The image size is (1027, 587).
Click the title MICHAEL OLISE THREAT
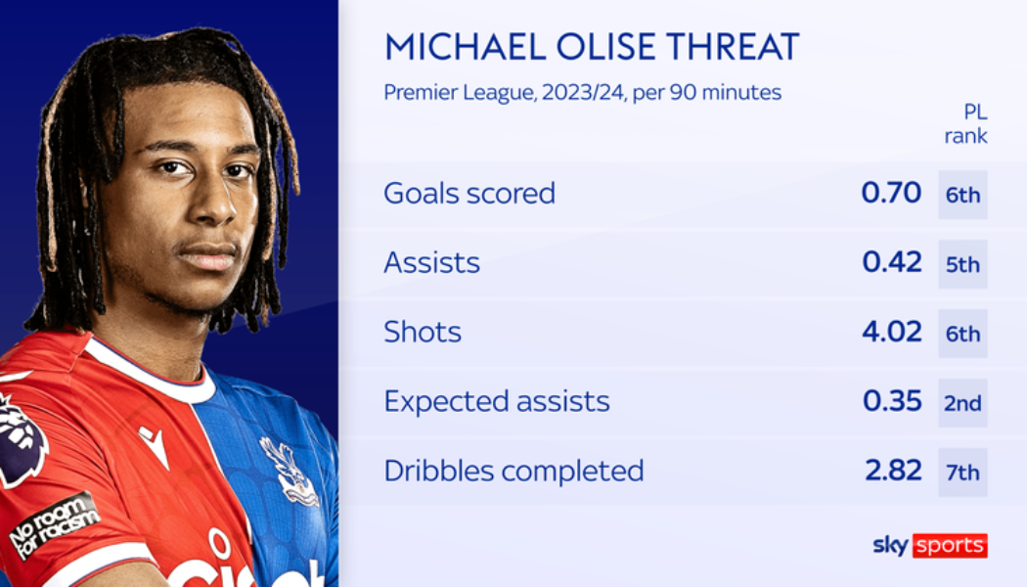tap(591, 47)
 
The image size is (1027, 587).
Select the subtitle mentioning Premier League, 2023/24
tap(582, 93)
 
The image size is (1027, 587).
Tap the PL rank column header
tap(964, 124)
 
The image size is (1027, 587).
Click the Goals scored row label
tap(469, 194)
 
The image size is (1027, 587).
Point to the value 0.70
tap(891, 194)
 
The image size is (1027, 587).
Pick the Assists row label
tap(431, 263)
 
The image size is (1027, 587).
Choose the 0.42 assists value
tap(891, 263)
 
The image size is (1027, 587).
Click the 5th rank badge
tap(962, 264)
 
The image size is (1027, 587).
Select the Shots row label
tap(422, 333)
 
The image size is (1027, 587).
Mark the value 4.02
tap(891, 333)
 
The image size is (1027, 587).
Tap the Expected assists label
tap(496, 402)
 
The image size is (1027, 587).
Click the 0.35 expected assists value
tap(891, 402)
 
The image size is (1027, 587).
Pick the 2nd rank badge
tap(962, 403)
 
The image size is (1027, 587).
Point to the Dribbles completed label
tap(513, 472)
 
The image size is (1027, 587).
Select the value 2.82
tap(891, 472)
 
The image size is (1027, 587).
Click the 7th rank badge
tap(962, 473)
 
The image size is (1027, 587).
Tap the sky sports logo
tap(929, 546)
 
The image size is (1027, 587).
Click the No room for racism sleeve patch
tap(54, 523)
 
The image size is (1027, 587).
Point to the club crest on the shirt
tap(288, 471)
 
